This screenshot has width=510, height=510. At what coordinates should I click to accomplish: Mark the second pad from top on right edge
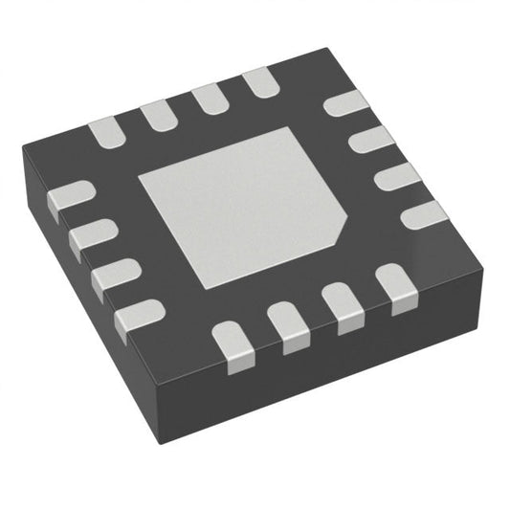click(372, 142)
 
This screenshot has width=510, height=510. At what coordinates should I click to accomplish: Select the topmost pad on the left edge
click(70, 197)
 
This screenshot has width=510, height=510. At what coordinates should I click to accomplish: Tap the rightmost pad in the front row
click(393, 284)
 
